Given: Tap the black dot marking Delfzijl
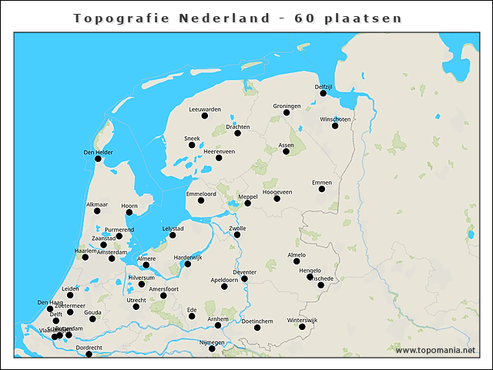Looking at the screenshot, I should (324, 93).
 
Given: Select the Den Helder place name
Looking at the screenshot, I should (98, 152).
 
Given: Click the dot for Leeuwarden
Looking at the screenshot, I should (205, 116).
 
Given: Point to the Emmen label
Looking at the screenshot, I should (321, 182).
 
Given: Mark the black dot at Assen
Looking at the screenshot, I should (286, 151).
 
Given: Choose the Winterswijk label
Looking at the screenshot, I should (302, 319).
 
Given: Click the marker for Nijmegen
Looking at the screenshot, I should (213, 348).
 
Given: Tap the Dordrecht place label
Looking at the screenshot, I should (89, 347).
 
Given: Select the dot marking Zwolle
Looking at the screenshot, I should (237, 234).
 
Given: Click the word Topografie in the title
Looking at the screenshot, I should (111, 18).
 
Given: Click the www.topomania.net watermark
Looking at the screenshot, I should (435, 350).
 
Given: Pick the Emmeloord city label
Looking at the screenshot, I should (201, 193).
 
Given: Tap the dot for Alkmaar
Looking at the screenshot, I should (98, 212).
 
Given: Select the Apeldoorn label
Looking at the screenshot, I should (224, 279).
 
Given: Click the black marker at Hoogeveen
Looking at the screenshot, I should (277, 199).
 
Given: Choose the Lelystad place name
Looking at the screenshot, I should (173, 228).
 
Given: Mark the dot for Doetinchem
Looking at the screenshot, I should (257, 328).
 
